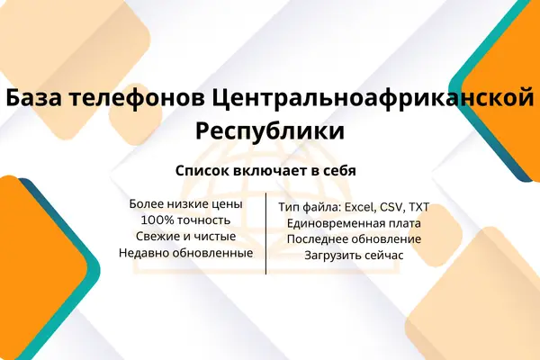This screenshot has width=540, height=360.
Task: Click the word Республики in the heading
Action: [270, 132]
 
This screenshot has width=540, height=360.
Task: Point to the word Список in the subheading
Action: [202, 171]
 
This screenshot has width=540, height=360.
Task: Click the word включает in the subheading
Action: [271, 170]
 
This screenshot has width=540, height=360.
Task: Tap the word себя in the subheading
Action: [340, 170]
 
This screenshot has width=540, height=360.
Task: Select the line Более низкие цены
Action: [186, 204]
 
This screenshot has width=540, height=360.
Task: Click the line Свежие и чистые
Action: [186, 237]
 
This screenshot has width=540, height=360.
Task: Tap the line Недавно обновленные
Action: [186, 253]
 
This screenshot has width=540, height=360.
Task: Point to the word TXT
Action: [418, 207]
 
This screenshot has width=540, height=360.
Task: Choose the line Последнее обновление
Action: [354, 239]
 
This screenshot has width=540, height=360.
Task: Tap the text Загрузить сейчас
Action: [354, 256]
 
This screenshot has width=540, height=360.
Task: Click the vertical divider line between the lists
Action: [265, 234]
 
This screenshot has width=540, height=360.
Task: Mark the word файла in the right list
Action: [321, 207]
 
